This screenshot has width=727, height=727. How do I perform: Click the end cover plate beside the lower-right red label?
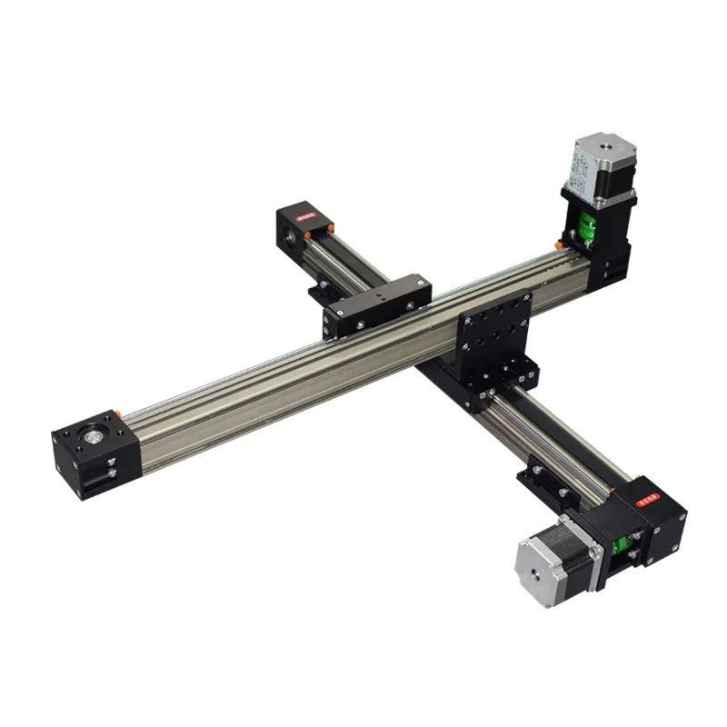coord(670,526)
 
